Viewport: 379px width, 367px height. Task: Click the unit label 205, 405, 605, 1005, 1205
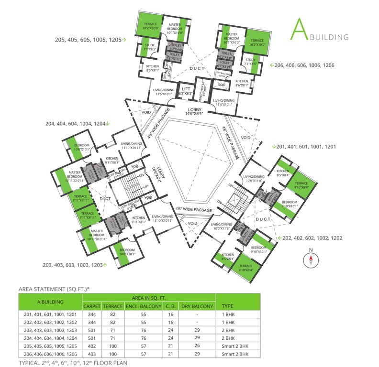[90, 40]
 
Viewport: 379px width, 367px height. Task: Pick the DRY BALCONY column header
[196, 306]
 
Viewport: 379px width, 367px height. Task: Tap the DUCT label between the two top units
[197, 69]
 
